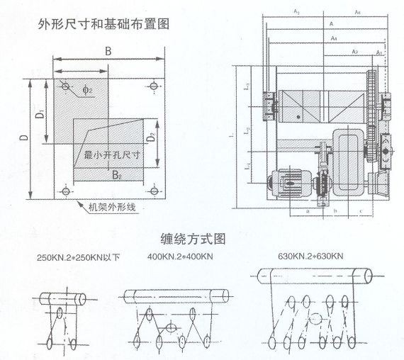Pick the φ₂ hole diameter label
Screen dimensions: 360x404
tap(86, 90)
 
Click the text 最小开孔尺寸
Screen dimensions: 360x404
tap(111, 154)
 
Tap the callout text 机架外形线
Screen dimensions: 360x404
tap(113, 207)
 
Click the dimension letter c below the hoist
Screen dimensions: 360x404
tap(361, 210)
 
